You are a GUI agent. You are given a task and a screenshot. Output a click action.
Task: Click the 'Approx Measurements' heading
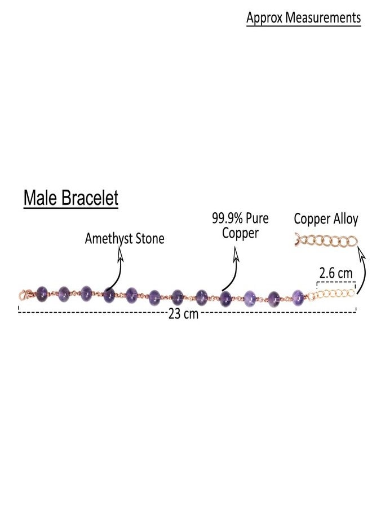(303, 18)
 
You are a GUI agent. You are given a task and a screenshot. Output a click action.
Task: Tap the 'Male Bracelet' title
(71, 198)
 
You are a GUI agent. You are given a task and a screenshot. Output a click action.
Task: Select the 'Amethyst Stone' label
(125, 239)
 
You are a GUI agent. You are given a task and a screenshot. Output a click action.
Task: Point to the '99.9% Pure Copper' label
(240, 225)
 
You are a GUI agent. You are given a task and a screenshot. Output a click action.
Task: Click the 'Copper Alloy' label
(326, 219)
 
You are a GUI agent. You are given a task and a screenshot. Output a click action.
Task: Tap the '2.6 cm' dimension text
(335, 273)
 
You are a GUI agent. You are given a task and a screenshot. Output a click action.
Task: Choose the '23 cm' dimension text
(183, 314)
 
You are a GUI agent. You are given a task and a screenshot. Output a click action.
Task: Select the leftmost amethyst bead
(42, 294)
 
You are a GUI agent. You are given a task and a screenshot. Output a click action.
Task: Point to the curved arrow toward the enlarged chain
(364, 269)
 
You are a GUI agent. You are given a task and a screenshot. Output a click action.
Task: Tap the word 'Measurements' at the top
(323, 18)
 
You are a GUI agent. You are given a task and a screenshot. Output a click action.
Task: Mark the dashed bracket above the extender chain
(336, 283)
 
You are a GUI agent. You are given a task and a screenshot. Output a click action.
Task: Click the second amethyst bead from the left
(64, 294)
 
